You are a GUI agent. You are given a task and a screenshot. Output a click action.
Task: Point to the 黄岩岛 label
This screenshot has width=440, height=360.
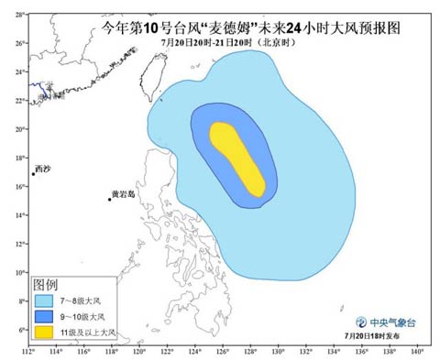tap(123, 194)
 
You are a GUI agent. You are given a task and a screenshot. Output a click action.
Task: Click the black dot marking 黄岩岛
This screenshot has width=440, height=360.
tap(109, 199)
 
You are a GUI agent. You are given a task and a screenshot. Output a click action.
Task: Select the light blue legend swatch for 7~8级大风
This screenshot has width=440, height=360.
tap(44, 300)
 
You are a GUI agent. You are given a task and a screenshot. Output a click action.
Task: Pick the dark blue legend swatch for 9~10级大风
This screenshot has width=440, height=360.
tap(44, 316)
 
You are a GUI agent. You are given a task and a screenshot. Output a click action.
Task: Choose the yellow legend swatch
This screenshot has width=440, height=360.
tap(44, 331)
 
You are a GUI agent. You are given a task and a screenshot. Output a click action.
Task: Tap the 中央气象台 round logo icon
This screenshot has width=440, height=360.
tap(355, 322)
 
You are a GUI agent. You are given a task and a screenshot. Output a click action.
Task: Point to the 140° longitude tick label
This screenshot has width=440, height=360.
tap(416, 351)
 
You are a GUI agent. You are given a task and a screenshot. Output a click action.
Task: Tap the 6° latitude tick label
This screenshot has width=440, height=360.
tap(20, 330)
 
